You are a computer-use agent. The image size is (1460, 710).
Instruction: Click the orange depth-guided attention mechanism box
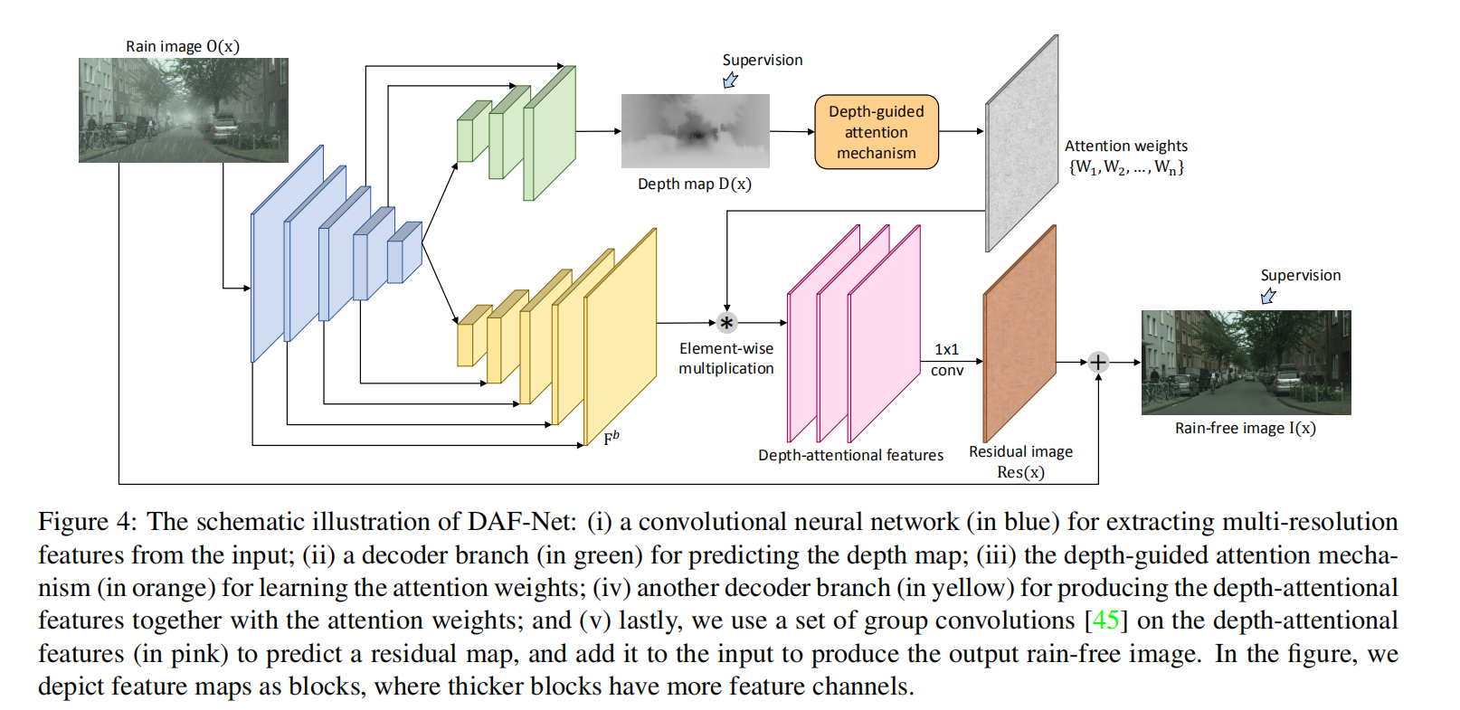(x=876, y=132)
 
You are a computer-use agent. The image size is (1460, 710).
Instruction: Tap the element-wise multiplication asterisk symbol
(x=726, y=323)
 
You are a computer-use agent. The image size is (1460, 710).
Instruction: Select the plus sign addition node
(x=1097, y=363)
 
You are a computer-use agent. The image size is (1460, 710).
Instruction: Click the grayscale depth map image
(x=695, y=131)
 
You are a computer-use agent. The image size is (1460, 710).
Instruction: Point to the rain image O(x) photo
(x=183, y=110)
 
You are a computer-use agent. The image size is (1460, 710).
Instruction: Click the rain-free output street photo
(x=1246, y=363)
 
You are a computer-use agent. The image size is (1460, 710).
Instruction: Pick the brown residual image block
(x=1019, y=335)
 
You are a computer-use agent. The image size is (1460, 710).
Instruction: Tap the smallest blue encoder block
(x=403, y=253)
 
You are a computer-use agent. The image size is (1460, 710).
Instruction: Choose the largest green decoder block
(x=549, y=133)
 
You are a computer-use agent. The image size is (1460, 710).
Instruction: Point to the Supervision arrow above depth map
(x=730, y=80)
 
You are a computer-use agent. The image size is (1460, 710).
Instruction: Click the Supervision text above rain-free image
(x=1300, y=275)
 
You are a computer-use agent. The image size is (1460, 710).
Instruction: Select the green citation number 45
(x=1105, y=620)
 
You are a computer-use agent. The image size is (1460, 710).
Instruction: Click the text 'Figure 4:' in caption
(x=86, y=522)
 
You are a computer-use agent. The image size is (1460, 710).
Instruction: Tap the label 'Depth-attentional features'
(x=850, y=455)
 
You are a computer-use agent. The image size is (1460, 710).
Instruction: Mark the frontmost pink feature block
(x=884, y=336)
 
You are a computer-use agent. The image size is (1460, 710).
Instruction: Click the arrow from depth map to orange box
(x=792, y=131)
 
